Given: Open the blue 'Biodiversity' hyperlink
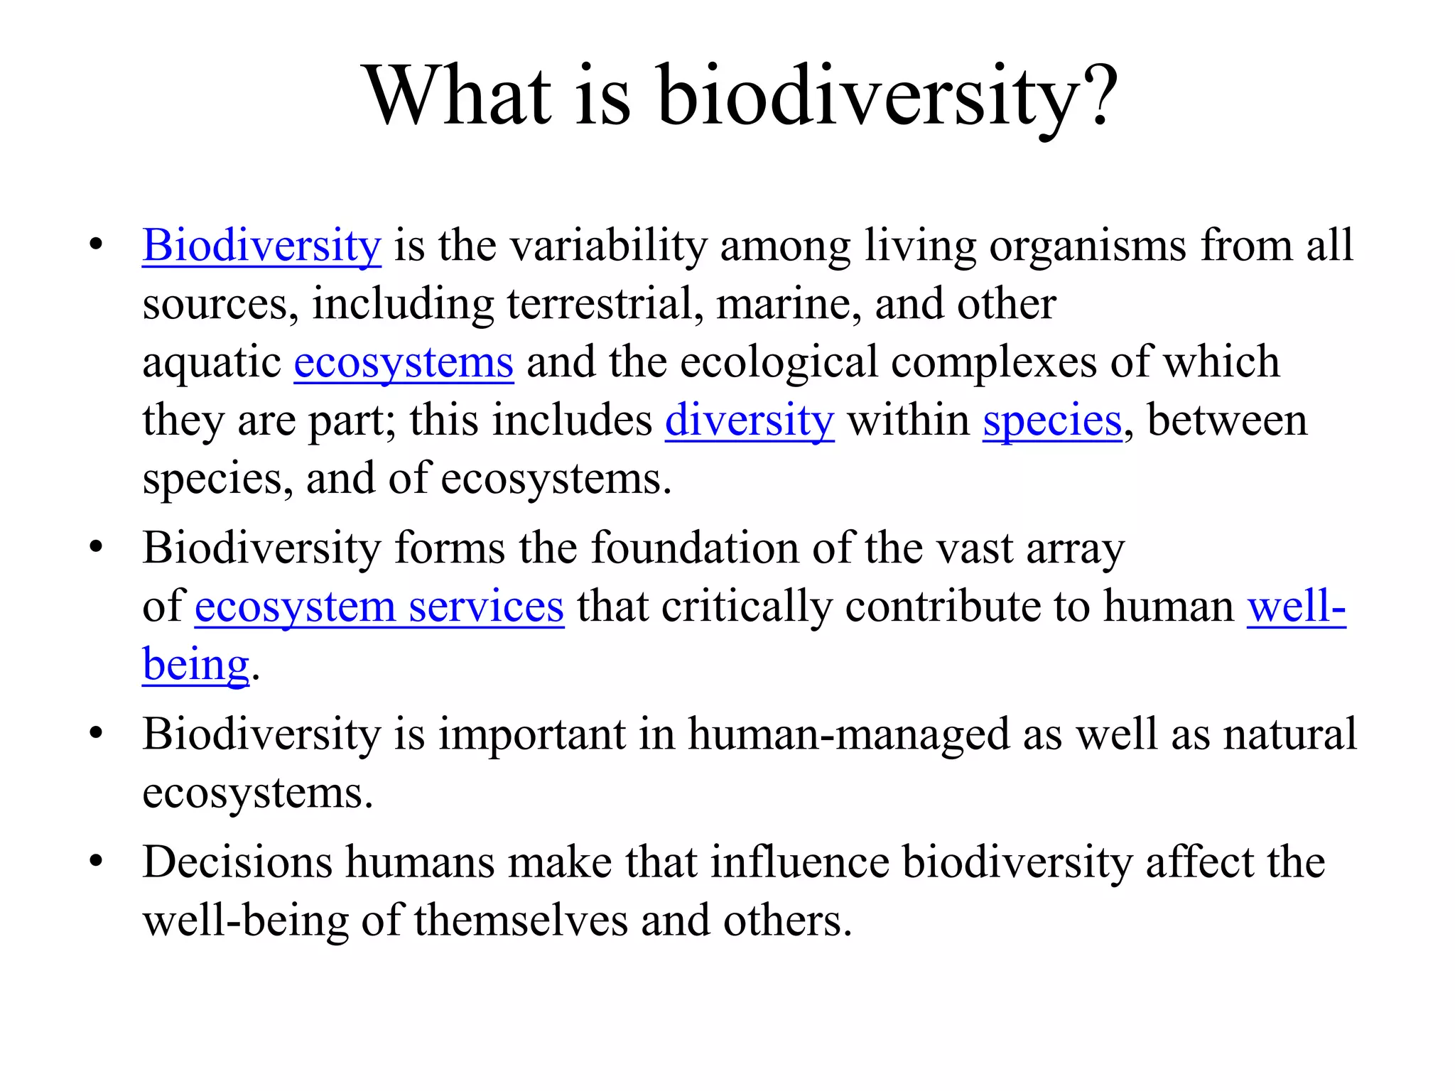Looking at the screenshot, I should (261, 246).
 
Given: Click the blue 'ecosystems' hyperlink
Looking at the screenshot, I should (404, 363).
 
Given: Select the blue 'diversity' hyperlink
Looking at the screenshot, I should (750, 420).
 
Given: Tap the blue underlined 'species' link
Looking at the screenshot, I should (1052, 420).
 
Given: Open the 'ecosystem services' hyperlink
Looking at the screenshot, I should (379, 607).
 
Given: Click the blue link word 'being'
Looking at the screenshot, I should (195, 666).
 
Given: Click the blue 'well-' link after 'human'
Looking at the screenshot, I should (1296, 607).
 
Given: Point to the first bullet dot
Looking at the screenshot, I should (96, 246).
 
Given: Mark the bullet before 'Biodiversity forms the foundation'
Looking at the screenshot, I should (96, 548).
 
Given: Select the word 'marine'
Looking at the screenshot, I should (788, 304).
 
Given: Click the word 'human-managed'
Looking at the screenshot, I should (848, 734).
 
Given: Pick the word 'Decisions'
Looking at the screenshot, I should (237, 862).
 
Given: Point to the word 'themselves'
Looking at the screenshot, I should (521, 921).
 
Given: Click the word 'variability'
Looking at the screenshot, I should (608, 246).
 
